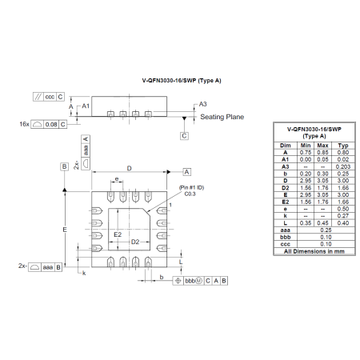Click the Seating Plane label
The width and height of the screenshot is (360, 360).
click(223, 118)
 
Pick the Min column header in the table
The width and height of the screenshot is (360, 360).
click(306, 146)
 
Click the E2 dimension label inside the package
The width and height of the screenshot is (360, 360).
click(117, 234)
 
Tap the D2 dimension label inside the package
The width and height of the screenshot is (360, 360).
click(136, 242)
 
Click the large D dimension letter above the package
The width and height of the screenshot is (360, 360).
click(129, 168)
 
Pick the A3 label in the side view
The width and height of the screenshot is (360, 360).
click(203, 104)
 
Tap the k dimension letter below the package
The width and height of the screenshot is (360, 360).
click(84, 273)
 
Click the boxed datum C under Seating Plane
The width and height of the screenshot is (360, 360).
click(184, 136)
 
